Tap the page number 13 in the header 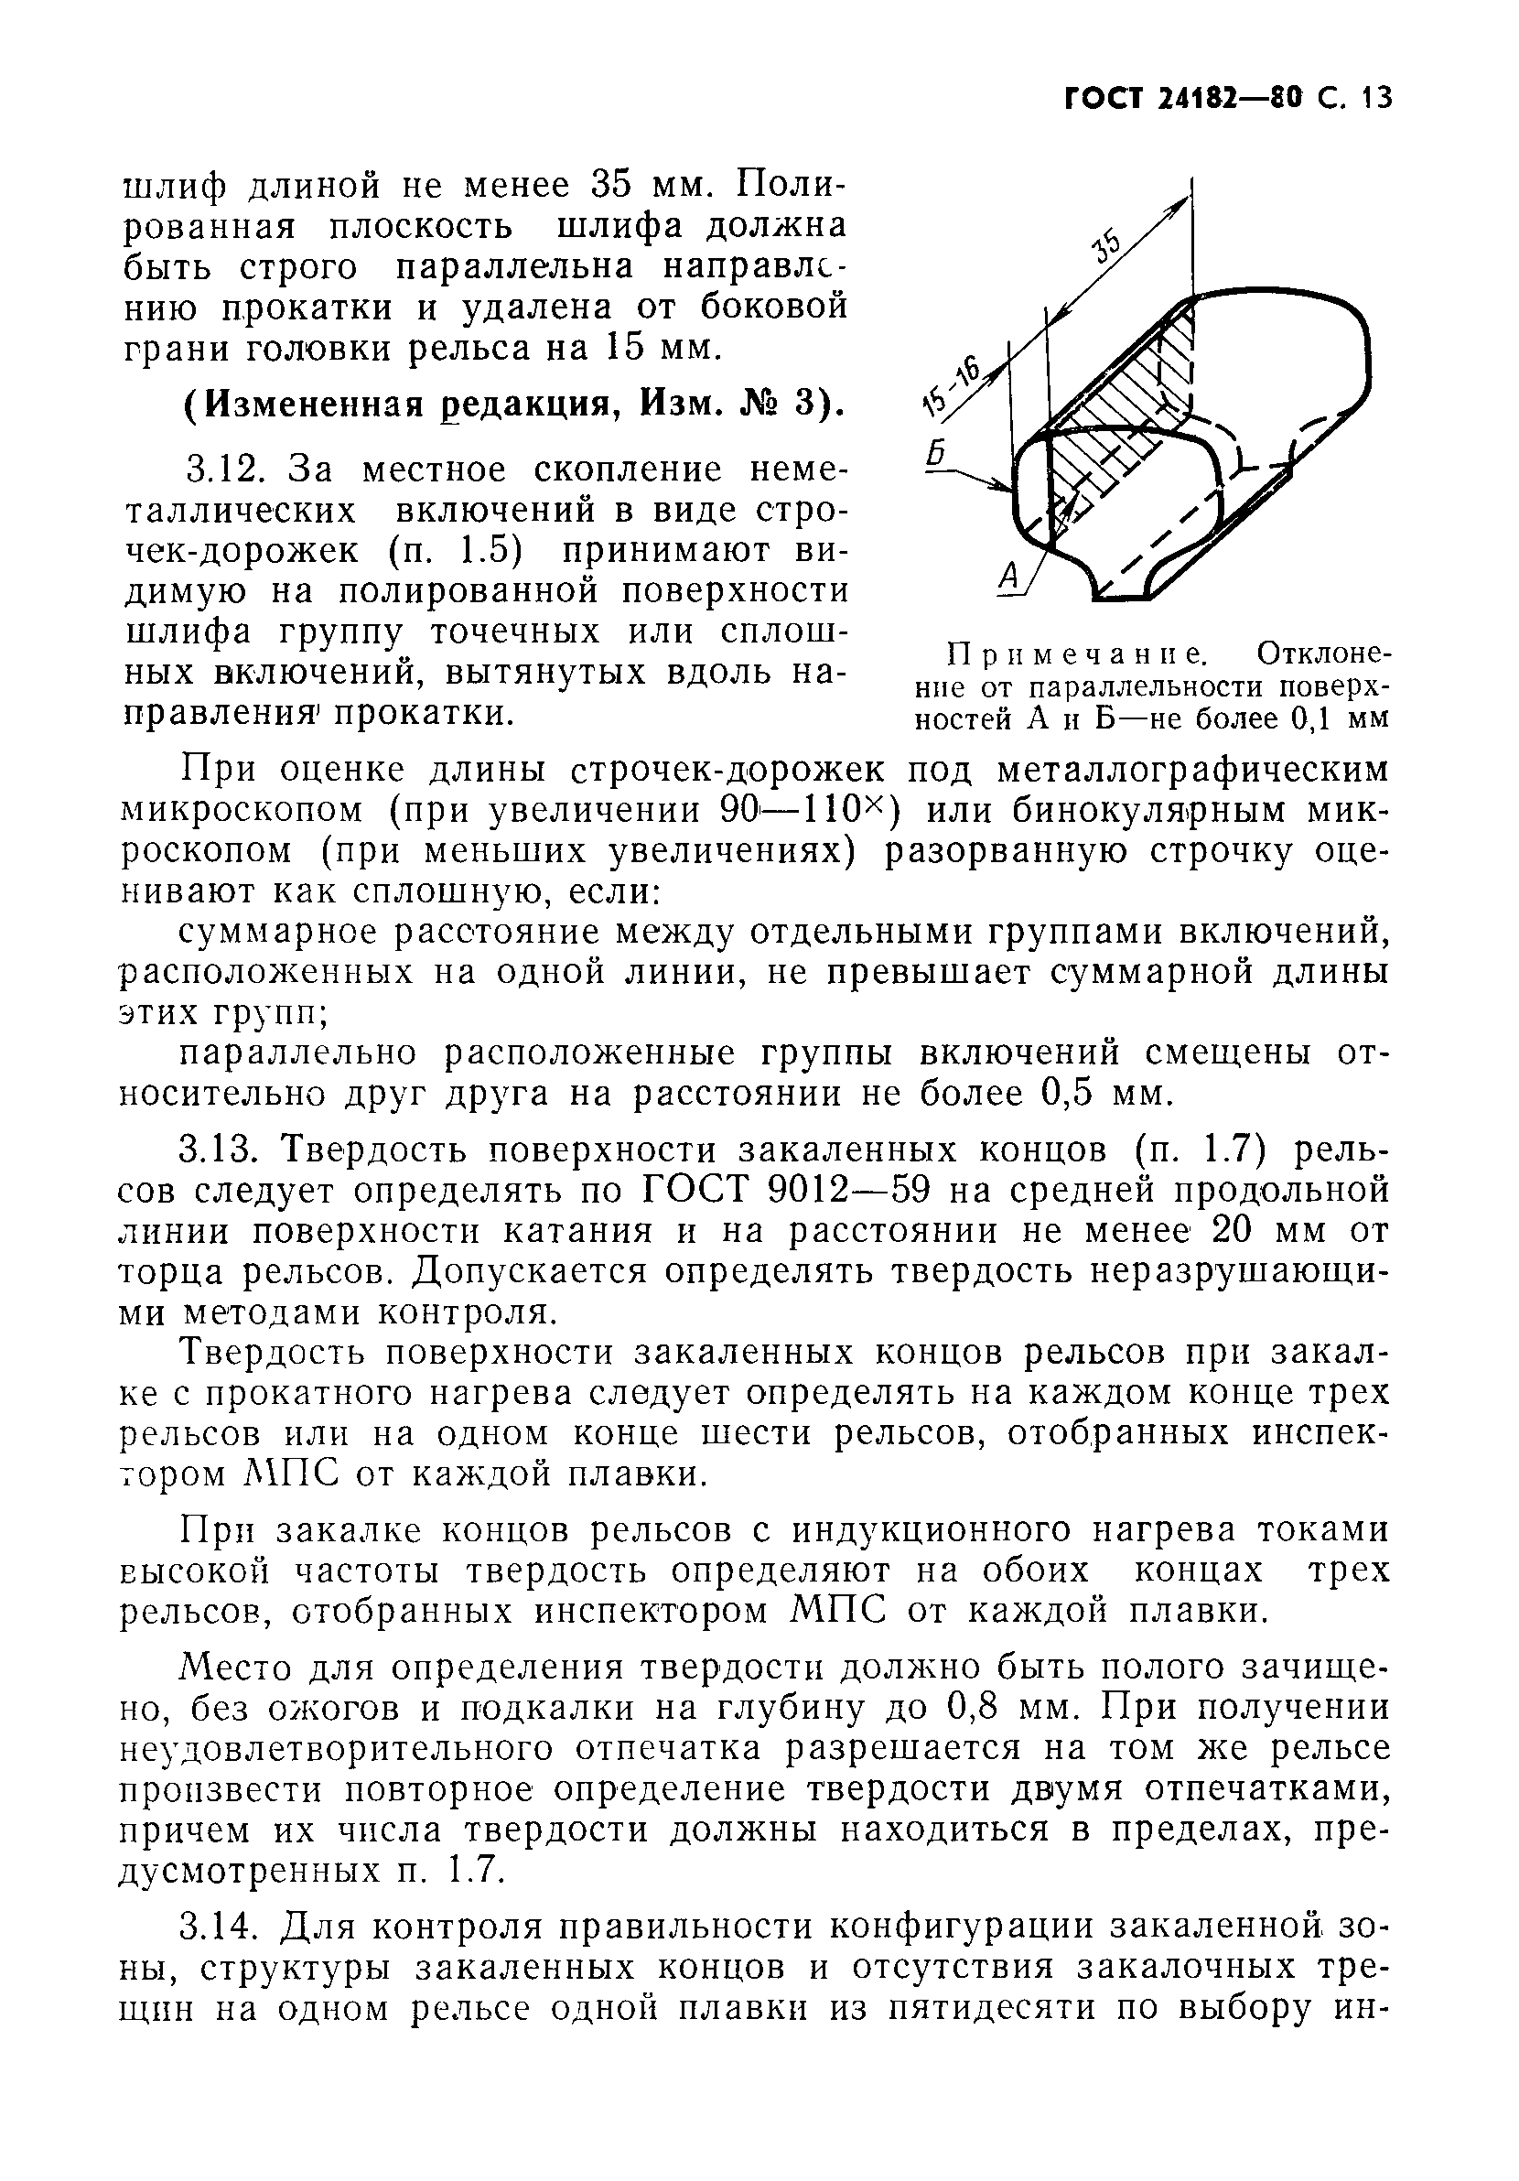pos(1374,98)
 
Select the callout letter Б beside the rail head pos(936,456)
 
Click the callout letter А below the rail pos(1010,575)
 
